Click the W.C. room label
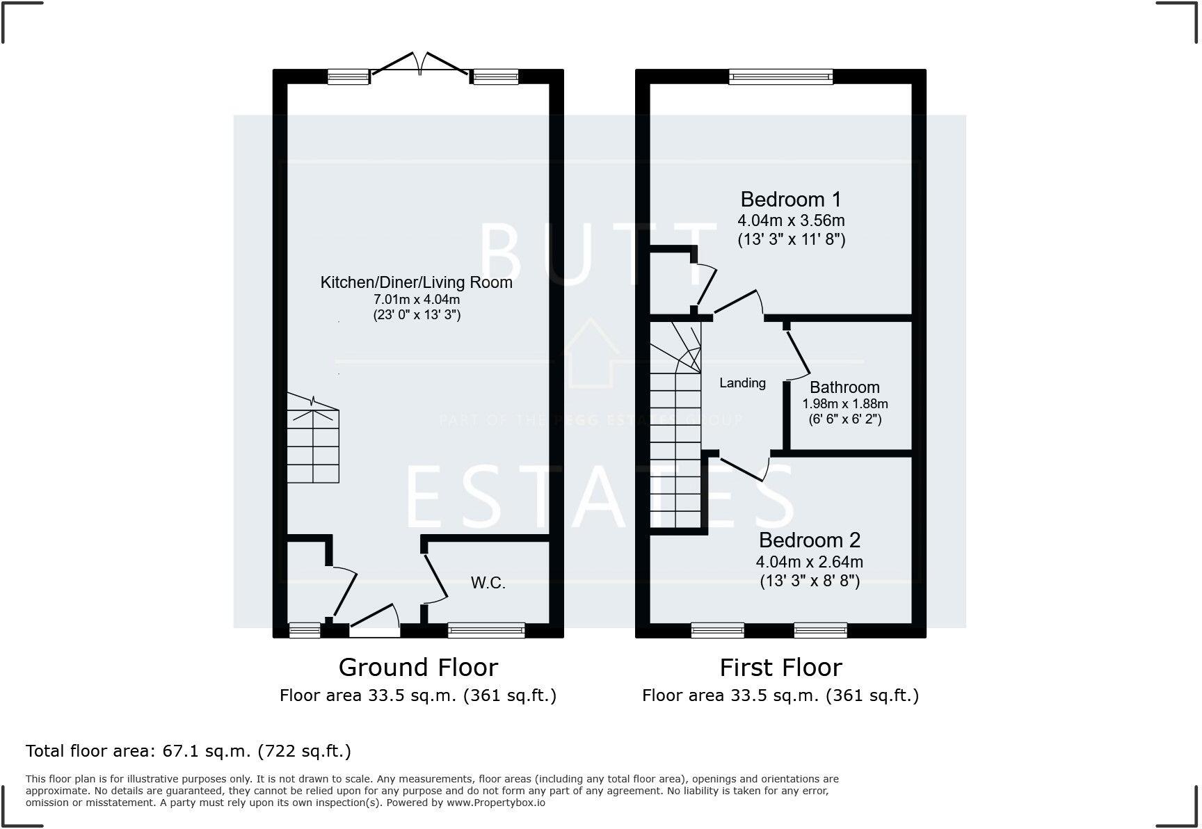click(x=488, y=583)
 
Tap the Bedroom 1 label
click(x=791, y=200)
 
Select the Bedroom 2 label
click(x=810, y=540)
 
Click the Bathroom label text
click(x=844, y=387)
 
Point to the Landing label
click(x=742, y=383)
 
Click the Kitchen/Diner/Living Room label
click(x=416, y=282)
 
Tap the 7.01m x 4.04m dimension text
click(x=417, y=300)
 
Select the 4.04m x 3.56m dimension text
click(x=791, y=221)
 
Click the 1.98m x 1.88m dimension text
click(x=845, y=404)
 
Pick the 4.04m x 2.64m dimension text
click(x=810, y=562)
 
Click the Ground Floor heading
click(x=418, y=668)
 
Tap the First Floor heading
click(x=780, y=668)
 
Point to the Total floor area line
click(x=189, y=751)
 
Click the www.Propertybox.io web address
click(x=495, y=803)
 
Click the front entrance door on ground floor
click(x=374, y=621)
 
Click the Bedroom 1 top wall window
click(x=780, y=77)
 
